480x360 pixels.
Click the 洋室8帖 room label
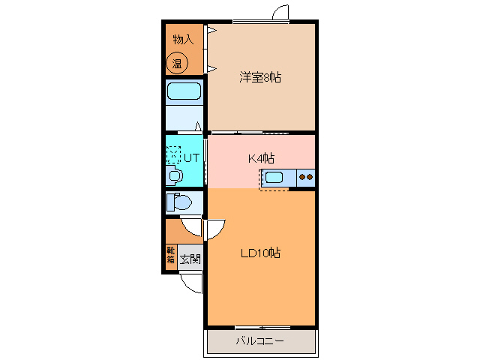click(x=260, y=77)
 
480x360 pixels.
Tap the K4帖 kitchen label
click(x=261, y=158)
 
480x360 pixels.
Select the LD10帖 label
click(x=260, y=253)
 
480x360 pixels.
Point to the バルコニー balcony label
click(x=259, y=341)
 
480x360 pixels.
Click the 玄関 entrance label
click(x=190, y=259)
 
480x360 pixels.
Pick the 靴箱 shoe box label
click(x=171, y=255)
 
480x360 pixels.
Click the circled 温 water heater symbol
click(x=178, y=63)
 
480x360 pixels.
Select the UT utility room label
click(x=191, y=157)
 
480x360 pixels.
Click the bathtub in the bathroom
click(x=184, y=92)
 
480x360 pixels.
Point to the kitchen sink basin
click(x=273, y=178)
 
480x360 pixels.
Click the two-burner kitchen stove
click(x=306, y=178)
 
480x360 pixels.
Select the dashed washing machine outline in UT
click(x=174, y=154)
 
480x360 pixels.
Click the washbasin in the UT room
click(x=175, y=176)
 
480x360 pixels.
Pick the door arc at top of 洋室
click(x=280, y=13)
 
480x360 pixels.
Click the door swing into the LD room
click(x=214, y=228)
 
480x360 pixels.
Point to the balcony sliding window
click(x=262, y=328)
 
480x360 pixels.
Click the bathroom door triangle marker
click(x=199, y=127)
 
